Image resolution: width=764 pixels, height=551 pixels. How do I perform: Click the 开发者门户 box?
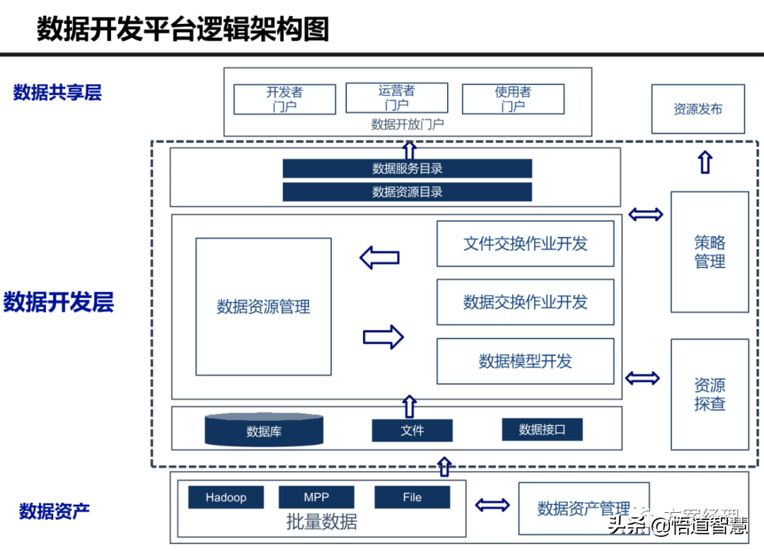284,99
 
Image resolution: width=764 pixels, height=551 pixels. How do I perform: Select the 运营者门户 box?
396,98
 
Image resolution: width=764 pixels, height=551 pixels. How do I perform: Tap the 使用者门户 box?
513,99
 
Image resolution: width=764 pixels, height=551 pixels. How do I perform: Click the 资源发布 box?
698,110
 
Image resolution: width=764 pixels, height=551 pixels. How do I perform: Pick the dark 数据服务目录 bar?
407,168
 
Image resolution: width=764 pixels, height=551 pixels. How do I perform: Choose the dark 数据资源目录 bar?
407,192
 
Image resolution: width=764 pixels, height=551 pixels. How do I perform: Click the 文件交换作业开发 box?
525,244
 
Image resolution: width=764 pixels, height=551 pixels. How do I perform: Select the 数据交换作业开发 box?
525,303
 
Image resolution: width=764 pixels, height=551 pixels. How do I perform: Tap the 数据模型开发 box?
525,361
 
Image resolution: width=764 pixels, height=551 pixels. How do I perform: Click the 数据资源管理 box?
263,307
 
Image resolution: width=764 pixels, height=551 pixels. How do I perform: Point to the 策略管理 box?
710,252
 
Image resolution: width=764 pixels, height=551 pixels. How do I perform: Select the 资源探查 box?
710,395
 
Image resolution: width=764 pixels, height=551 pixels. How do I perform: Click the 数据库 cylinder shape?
264,430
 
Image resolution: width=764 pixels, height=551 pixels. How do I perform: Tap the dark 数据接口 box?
542,429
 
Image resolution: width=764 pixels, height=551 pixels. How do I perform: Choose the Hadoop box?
226,497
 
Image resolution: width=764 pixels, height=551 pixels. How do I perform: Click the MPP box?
316,497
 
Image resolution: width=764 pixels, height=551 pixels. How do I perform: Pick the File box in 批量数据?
412,497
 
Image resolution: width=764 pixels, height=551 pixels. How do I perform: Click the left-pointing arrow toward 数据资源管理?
380,257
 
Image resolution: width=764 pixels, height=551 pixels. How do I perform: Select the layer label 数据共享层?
57,93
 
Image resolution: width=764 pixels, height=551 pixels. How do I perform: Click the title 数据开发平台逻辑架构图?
183,30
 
